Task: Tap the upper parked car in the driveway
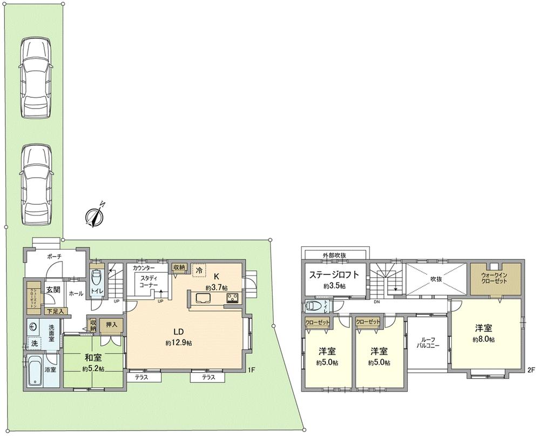click(x=35, y=77)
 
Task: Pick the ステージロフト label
click(x=334, y=274)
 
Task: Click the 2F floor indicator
click(x=531, y=371)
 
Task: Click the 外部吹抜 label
click(x=335, y=255)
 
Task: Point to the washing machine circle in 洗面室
click(x=33, y=326)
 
